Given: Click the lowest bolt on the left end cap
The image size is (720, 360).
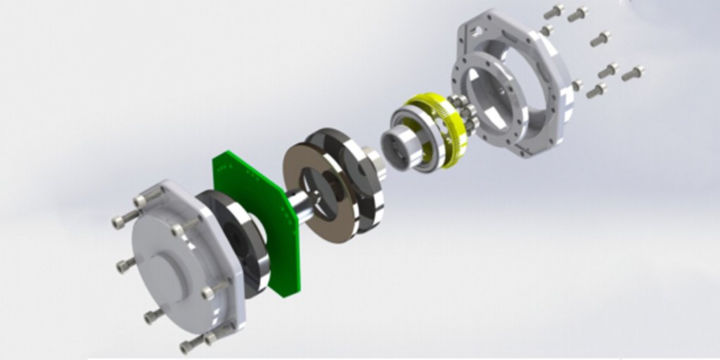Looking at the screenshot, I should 191,345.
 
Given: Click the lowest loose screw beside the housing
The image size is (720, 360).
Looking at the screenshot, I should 596,91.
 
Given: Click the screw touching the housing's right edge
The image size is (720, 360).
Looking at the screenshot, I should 577,85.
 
